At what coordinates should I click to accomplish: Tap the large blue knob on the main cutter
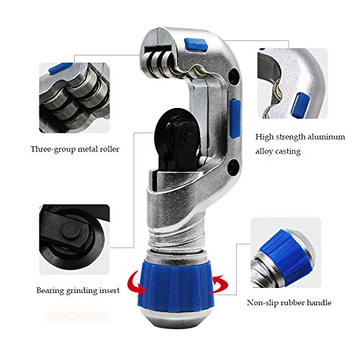coord(176,285)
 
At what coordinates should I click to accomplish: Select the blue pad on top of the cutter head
coord(196,45)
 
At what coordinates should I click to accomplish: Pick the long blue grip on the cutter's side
coord(235,118)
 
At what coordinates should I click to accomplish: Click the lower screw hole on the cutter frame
coord(233,167)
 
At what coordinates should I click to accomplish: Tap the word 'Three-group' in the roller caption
coord(53,150)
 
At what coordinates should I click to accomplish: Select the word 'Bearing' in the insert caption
coord(50,291)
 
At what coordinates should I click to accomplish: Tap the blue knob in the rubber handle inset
coord(286,256)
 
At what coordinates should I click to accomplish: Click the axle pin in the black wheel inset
coord(71,231)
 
